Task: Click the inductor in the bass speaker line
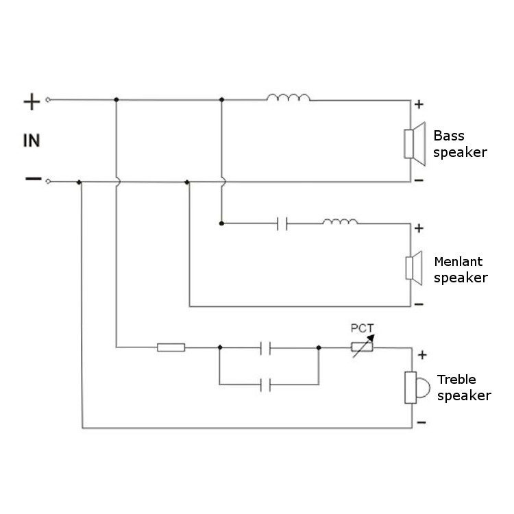pos(288,98)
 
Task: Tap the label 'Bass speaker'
pos(460,144)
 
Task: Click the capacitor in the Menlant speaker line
pos(282,223)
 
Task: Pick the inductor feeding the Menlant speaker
pos(340,221)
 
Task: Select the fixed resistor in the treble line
pos(171,347)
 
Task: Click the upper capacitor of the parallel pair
pos(267,347)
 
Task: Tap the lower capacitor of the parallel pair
pos(267,385)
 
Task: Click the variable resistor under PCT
pos(362,347)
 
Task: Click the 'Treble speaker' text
pos(463,388)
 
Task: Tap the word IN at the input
pos(32,141)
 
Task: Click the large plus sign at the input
pos(32,102)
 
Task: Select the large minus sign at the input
pos(32,179)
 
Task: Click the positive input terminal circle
pos(48,100)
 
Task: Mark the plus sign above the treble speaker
pos(422,355)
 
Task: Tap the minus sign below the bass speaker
pos(419,180)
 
